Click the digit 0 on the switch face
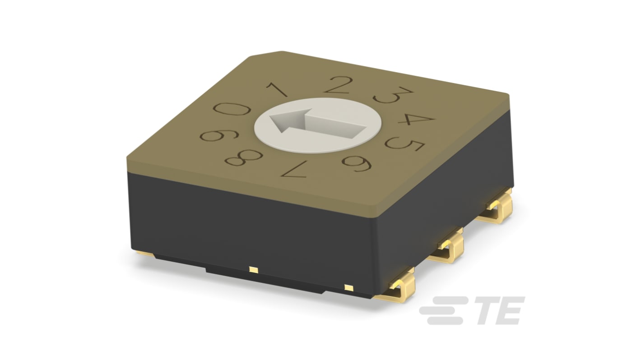[232, 109]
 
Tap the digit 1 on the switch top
[277, 89]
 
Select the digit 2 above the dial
[337, 85]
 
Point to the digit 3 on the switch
[393, 95]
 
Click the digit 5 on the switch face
[404, 144]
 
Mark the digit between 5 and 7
[357, 164]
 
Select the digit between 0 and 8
[219, 135]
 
